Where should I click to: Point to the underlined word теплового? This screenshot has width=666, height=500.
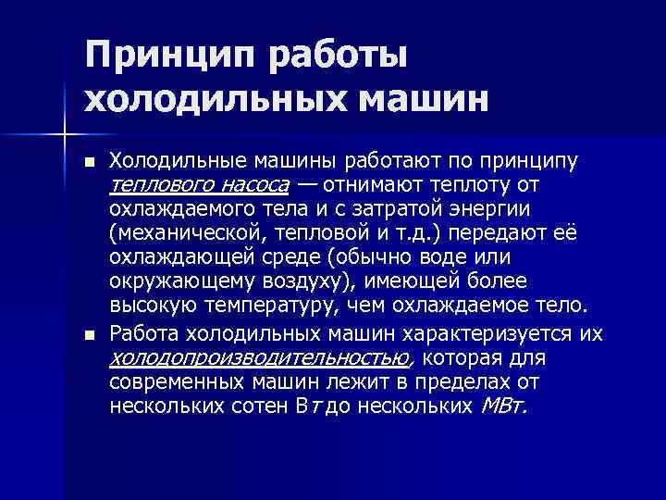(161, 184)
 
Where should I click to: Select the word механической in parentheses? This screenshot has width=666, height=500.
(175, 232)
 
